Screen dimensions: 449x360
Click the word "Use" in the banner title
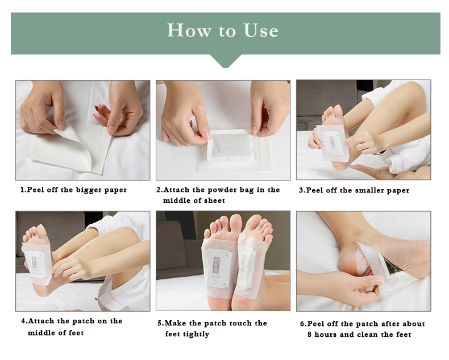pyautogui.click(x=261, y=30)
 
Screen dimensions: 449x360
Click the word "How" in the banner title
pyautogui.click(x=189, y=30)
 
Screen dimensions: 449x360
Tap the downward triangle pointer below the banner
pyautogui.click(x=226, y=61)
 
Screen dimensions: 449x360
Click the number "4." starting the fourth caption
pyautogui.click(x=24, y=321)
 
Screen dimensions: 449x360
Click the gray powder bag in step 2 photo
pyautogui.click(x=231, y=145)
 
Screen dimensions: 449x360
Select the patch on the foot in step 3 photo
pyautogui.click(x=332, y=143)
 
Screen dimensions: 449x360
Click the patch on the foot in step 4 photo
pyautogui.click(x=37, y=263)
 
